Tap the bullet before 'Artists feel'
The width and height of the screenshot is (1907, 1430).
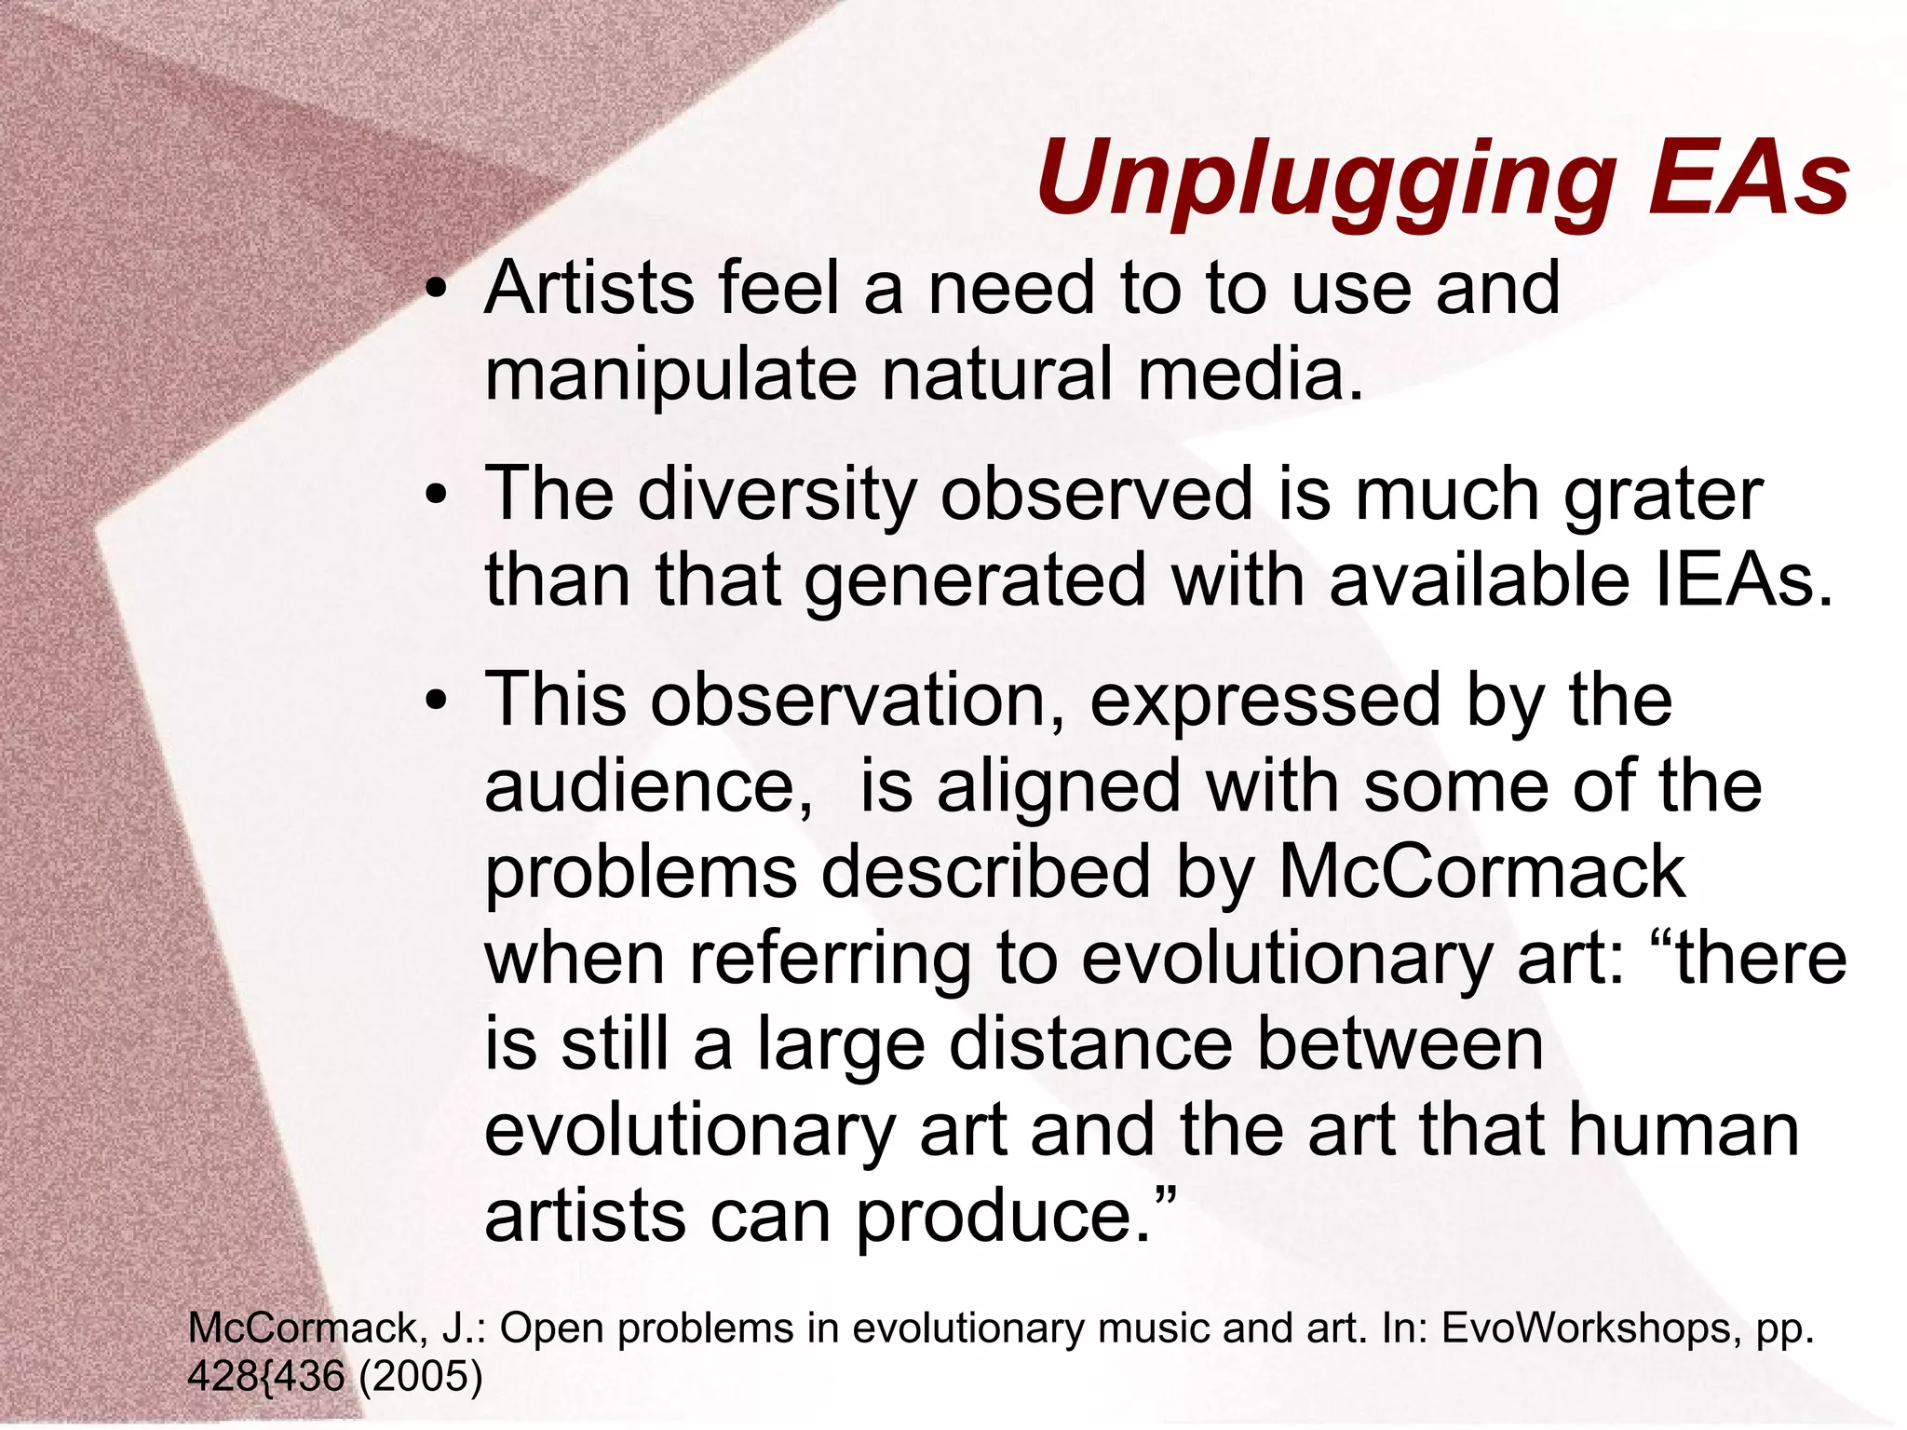click(435, 291)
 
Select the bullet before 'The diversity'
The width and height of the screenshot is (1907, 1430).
click(435, 496)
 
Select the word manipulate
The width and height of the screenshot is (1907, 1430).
click(669, 375)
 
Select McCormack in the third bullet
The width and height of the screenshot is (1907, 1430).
click(1482, 872)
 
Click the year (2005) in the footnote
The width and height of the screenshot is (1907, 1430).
click(420, 1376)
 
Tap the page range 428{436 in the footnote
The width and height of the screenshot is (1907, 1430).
click(266, 1376)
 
